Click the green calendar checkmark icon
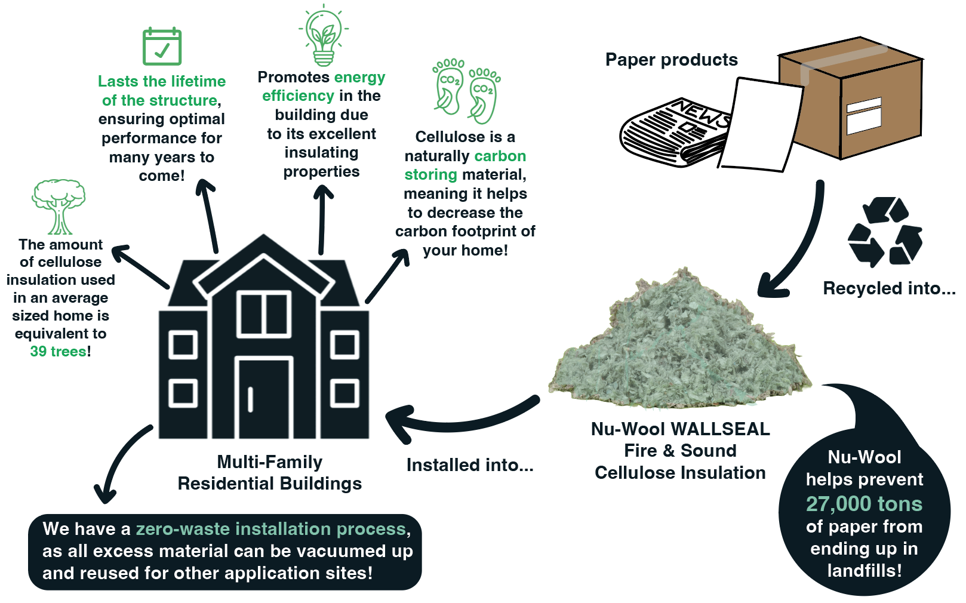[162, 47]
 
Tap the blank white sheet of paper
[761, 125]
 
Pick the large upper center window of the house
[263, 314]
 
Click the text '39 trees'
[59, 352]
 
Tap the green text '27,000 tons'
[864, 504]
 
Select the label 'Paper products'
[671, 60]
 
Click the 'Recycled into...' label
[888, 288]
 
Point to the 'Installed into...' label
[470, 465]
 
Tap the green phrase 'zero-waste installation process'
[271, 529]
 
